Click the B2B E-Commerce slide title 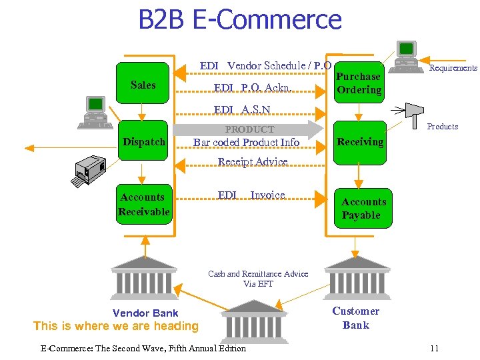pyautogui.click(x=239, y=19)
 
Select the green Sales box pyautogui.click(x=143, y=85)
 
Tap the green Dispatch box pyautogui.click(x=143, y=142)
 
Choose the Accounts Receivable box pyautogui.click(x=143, y=204)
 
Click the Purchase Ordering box pyautogui.click(x=359, y=83)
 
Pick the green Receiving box pyautogui.click(x=360, y=141)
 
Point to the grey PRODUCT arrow pyautogui.click(x=250, y=129)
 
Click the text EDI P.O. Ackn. pyautogui.click(x=253, y=88)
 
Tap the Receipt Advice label pyautogui.click(x=253, y=161)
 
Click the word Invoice pyautogui.click(x=267, y=195)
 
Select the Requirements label pyautogui.click(x=453, y=68)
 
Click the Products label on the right pyautogui.click(x=443, y=126)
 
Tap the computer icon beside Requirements pyautogui.click(x=407, y=56)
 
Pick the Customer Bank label pyautogui.click(x=355, y=318)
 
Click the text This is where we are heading pyautogui.click(x=116, y=326)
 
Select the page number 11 pyautogui.click(x=434, y=348)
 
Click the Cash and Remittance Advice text pyautogui.click(x=258, y=279)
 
